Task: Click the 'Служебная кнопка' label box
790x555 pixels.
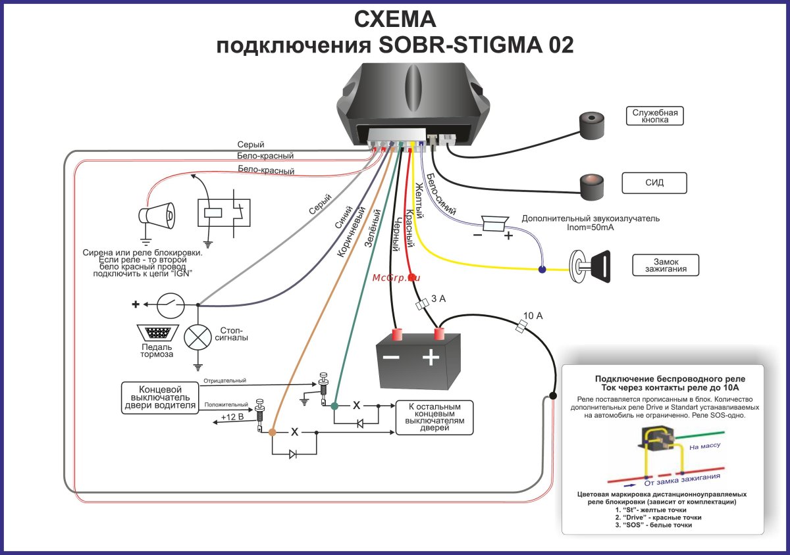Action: click(x=655, y=116)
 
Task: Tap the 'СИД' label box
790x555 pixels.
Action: click(x=654, y=183)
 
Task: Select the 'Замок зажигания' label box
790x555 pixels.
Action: click(x=665, y=266)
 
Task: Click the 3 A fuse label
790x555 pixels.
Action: click(x=438, y=299)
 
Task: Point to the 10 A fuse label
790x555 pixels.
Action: click(x=533, y=316)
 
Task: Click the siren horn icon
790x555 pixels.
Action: click(x=157, y=214)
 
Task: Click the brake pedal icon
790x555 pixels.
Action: click(x=156, y=332)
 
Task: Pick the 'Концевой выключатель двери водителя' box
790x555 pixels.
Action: click(x=160, y=397)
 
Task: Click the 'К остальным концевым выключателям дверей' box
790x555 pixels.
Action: click(x=434, y=417)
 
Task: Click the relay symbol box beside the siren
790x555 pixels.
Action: click(x=224, y=212)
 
